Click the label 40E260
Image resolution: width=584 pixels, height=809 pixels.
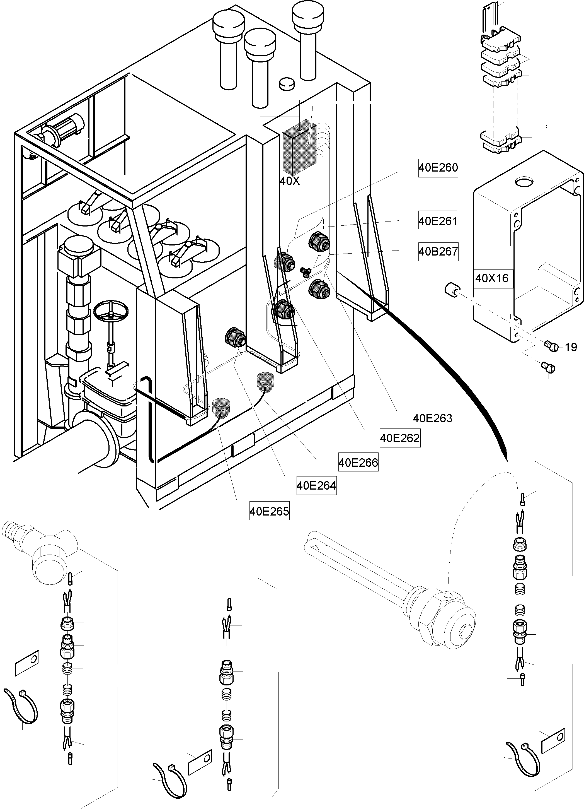click(x=438, y=168)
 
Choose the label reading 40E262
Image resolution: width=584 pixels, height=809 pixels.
click(x=400, y=438)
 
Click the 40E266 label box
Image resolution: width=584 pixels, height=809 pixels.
click(x=358, y=463)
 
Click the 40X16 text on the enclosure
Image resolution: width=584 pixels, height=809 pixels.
click(x=492, y=278)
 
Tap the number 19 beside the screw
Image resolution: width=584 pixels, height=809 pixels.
click(x=571, y=347)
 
